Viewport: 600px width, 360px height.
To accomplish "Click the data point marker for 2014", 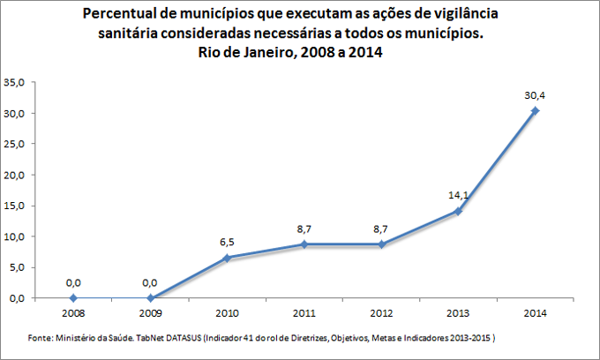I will pos(536,110).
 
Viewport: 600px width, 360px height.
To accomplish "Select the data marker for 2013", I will pos(459,211).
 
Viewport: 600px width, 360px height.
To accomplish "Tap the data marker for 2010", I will pos(228,258).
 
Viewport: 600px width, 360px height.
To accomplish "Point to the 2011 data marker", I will pos(304,244).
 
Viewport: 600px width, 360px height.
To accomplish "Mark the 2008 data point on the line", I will pos(73,298).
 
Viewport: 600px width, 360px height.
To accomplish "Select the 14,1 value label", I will pos(459,196).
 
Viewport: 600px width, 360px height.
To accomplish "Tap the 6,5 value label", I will pos(228,242).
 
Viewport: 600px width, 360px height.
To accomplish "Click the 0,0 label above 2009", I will pos(151,282).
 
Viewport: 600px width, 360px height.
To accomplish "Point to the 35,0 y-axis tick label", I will pos(16,83).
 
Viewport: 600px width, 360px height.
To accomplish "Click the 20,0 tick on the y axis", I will pos(16,176).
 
